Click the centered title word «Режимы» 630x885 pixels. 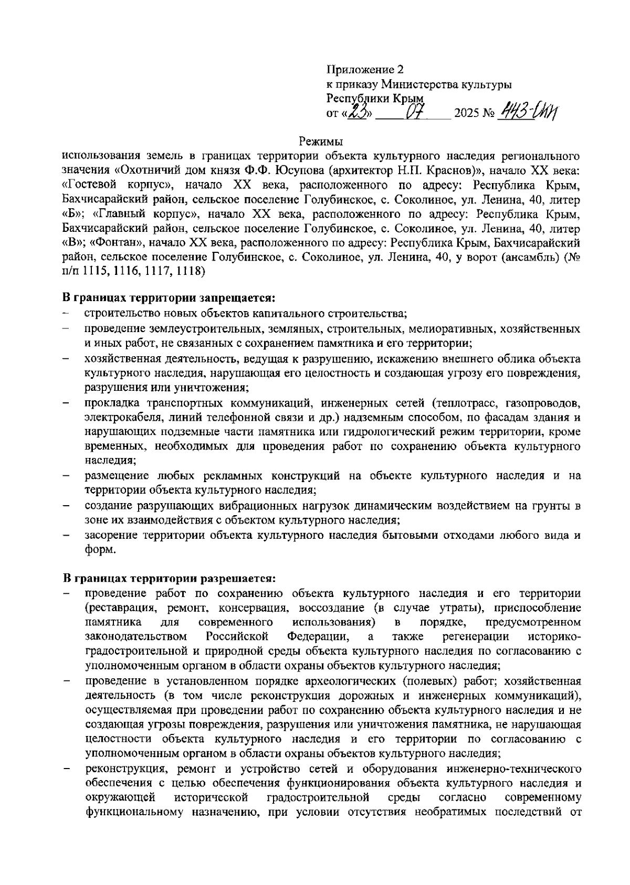(320, 141)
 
